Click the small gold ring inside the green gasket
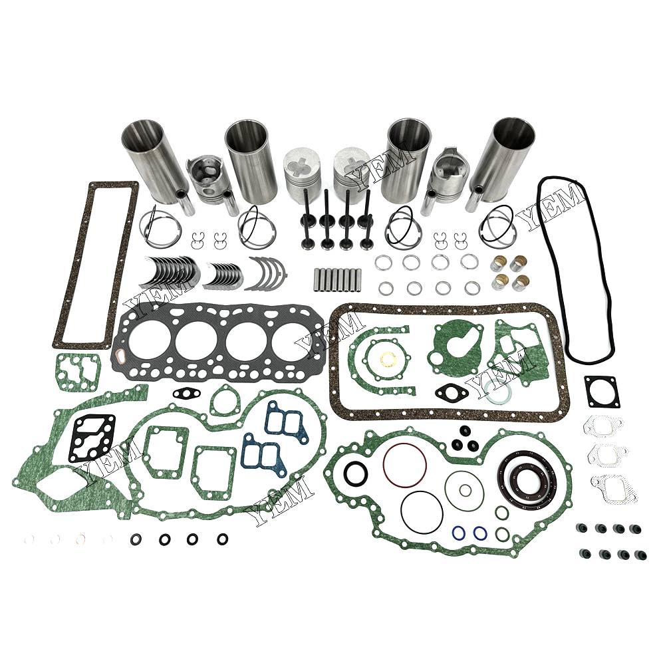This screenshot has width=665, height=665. coord(387,360)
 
